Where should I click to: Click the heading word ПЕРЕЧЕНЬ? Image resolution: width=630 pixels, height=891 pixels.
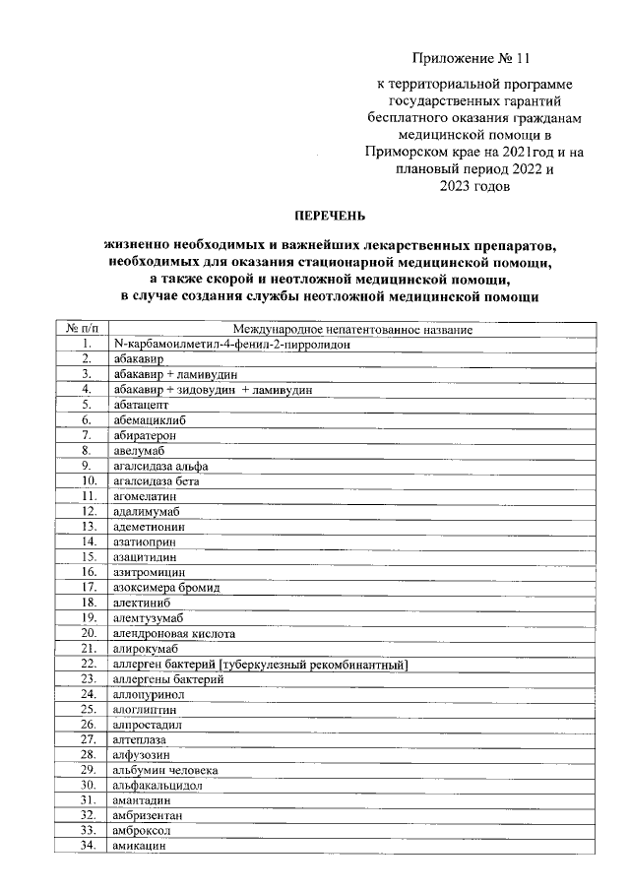click(x=330, y=213)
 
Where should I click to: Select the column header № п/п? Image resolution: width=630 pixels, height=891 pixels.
click(x=88, y=329)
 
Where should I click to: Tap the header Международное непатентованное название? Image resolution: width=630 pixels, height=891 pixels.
click(x=352, y=329)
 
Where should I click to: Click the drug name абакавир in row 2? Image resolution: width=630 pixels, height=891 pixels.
click(x=137, y=359)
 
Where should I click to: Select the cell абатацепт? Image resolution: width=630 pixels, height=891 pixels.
click(x=141, y=404)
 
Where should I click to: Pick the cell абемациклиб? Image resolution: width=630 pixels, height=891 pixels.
click(x=149, y=419)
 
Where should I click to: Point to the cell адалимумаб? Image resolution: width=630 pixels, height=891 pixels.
click(x=147, y=511)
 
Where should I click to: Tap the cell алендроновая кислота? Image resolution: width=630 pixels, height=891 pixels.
click(x=173, y=633)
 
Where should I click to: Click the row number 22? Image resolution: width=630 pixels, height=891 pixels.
click(x=88, y=664)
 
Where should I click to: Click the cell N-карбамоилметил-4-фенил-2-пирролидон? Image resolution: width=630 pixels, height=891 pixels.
click(x=232, y=344)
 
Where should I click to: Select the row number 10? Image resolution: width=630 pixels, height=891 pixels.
click(x=88, y=480)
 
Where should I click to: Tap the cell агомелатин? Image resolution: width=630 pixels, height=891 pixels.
click(x=146, y=495)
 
